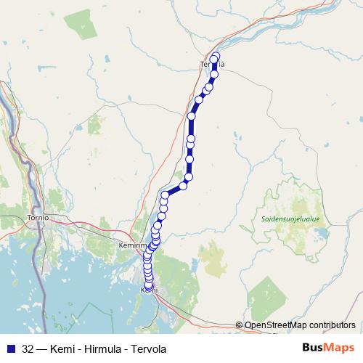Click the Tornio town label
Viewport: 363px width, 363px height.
pyautogui.click(x=34, y=217)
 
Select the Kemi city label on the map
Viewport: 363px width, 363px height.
pyautogui.click(x=147, y=290)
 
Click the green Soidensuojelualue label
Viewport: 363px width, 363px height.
pyautogui.click(x=290, y=219)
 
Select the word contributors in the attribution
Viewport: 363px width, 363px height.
pyautogui.click(x=332, y=325)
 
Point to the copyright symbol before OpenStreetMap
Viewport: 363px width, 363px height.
pyautogui.click(x=239, y=325)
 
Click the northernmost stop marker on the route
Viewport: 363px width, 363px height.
pyautogui.click(x=216, y=57)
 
